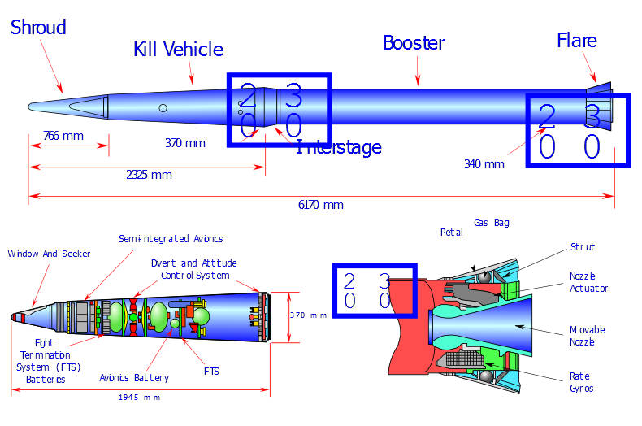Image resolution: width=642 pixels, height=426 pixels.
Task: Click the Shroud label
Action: (x=37, y=28)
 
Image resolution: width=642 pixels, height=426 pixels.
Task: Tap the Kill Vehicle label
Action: (x=178, y=50)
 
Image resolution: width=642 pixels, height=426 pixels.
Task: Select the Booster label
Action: (x=414, y=42)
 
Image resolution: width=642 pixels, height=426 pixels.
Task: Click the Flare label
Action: (x=577, y=41)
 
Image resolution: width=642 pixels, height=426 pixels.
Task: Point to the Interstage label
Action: (x=340, y=147)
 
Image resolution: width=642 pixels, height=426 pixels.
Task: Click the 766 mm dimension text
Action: (x=63, y=135)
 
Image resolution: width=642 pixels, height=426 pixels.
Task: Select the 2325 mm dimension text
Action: (x=149, y=175)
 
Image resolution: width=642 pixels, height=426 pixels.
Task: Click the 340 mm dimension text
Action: (x=484, y=163)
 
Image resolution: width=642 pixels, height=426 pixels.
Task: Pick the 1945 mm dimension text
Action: (x=138, y=397)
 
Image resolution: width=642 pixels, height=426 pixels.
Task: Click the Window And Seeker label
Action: (x=49, y=254)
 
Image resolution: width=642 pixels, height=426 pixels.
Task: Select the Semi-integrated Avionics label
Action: (x=171, y=239)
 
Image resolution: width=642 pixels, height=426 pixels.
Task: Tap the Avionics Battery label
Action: (x=134, y=377)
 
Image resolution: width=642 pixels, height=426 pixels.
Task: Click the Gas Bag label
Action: (x=492, y=222)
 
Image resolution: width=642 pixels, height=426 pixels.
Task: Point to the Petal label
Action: (x=452, y=233)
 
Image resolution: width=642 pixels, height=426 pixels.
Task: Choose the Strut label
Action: (x=583, y=246)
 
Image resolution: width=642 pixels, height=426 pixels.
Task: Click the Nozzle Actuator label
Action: (x=588, y=282)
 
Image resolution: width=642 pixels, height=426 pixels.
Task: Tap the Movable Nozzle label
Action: (x=588, y=336)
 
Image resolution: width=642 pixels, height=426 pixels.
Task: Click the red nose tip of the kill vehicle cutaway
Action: (x=15, y=316)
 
